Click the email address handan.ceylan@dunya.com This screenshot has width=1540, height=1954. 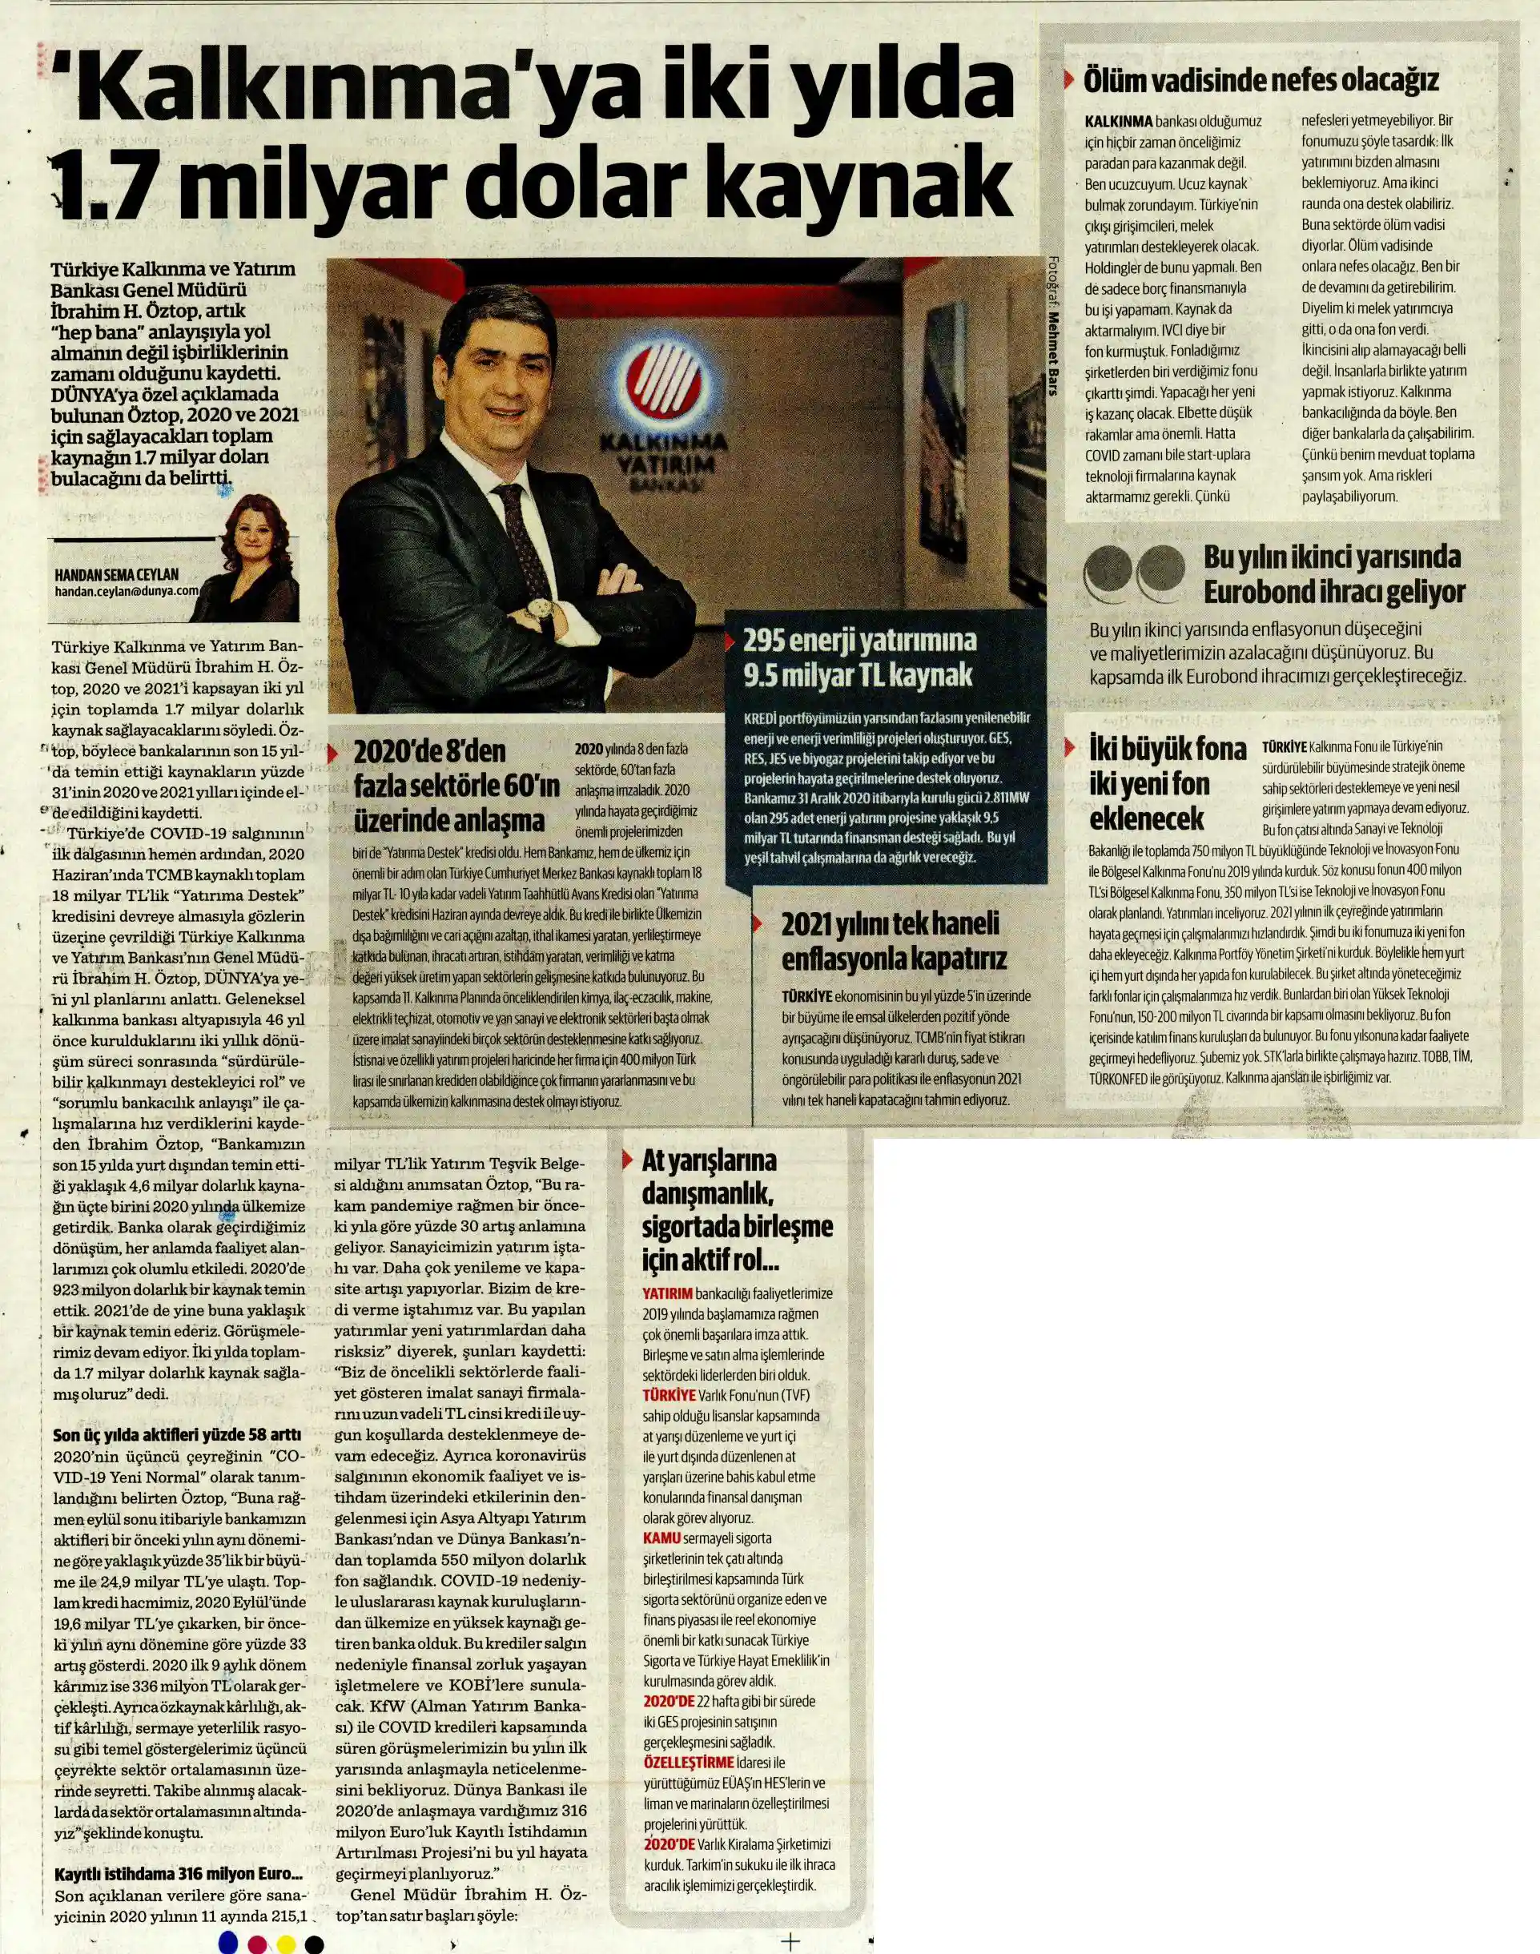(127, 591)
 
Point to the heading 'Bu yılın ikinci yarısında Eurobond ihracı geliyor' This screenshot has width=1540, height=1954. (1333, 573)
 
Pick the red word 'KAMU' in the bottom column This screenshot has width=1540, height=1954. (661, 1538)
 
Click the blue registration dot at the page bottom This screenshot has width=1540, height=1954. (228, 1940)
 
